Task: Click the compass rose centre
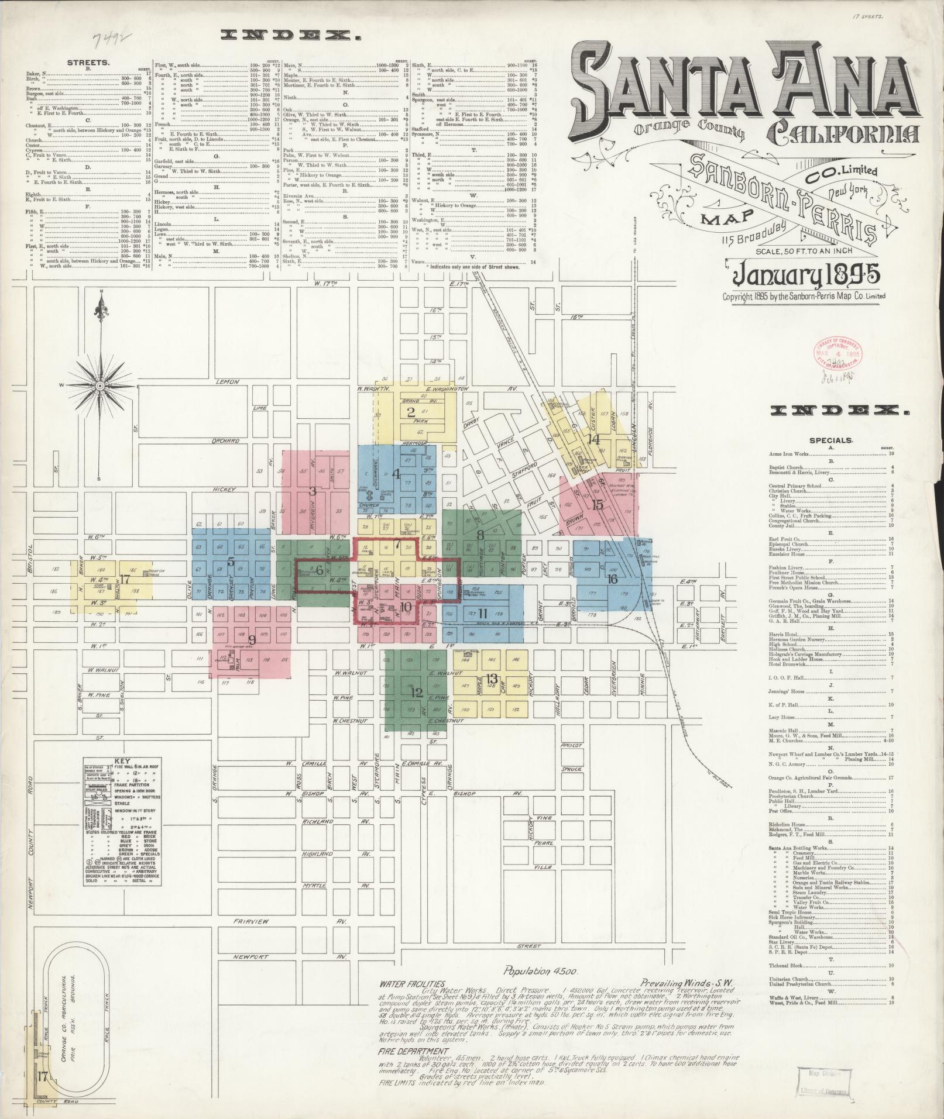click(x=100, y=386)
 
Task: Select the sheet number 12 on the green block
click(x=416, y=693)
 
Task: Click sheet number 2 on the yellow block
click(x=411, y=411)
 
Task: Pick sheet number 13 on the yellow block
click(x=492, y=679)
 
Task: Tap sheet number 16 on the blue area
click(x=613, y=579)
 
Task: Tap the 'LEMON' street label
click(x=228, y=382)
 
